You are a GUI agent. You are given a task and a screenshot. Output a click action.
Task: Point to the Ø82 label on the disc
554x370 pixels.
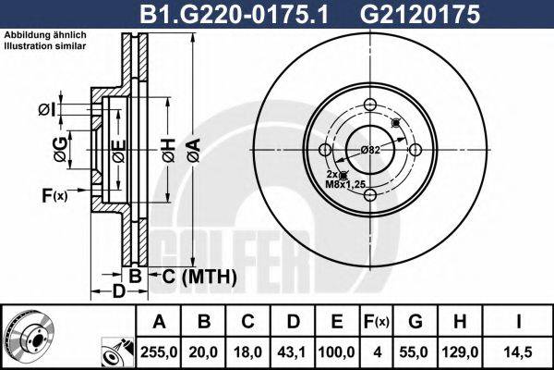click(370, 149)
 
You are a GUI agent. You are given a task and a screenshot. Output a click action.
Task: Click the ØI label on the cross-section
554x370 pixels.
click(47, 110)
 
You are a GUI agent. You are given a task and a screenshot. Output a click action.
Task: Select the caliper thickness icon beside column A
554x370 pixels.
click(116, 351)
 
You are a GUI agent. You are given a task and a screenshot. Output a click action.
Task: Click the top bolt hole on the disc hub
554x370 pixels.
click(370, 104)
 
